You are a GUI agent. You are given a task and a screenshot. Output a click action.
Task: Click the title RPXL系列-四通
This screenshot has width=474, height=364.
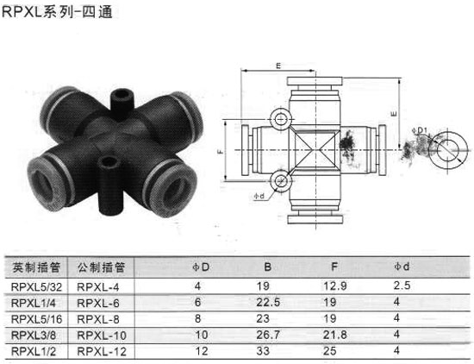58,12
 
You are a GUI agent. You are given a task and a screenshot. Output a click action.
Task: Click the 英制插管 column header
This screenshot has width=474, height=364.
36,267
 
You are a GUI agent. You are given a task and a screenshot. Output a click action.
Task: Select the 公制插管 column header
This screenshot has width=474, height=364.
101,267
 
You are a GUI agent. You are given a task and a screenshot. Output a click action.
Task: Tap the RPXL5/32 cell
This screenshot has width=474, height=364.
36,287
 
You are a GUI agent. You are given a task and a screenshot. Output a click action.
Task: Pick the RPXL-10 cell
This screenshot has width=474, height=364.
102,336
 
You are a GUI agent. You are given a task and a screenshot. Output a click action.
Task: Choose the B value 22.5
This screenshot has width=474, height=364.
268,302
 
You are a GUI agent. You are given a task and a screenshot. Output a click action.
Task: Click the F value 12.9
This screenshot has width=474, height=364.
335,286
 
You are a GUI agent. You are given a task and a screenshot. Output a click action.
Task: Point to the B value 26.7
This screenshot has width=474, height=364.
268,335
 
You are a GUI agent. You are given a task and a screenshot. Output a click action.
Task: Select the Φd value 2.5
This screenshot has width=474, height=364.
402,286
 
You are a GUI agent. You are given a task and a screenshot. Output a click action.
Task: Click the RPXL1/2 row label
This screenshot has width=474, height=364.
34,352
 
